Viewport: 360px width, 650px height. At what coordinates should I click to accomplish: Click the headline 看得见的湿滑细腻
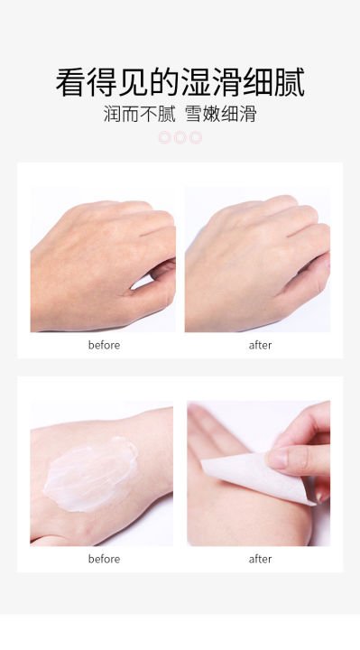point(180,82)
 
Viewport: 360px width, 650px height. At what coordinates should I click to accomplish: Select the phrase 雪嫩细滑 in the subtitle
point(219,116)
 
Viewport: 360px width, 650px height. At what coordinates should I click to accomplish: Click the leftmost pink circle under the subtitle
point(164,137)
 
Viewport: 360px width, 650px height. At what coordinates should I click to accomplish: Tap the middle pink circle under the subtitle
point(180,137)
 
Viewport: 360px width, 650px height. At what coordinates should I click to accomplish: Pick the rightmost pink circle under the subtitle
point(196,137)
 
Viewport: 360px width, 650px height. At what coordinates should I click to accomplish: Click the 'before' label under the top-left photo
point(104,345)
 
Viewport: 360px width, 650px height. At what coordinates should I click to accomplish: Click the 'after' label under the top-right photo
point(260,345)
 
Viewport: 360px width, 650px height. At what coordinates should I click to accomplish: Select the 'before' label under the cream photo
point(104,559)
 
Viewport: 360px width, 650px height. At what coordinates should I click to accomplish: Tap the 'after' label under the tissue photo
point(260,559)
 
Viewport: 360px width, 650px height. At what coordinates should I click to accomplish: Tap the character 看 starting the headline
point(70,82)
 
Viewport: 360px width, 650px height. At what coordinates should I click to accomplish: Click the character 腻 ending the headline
point(289,82)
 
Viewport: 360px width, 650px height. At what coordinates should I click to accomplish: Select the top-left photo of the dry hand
point(103,259)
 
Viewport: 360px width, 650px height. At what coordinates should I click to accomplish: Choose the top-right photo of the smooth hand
point(257,259)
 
